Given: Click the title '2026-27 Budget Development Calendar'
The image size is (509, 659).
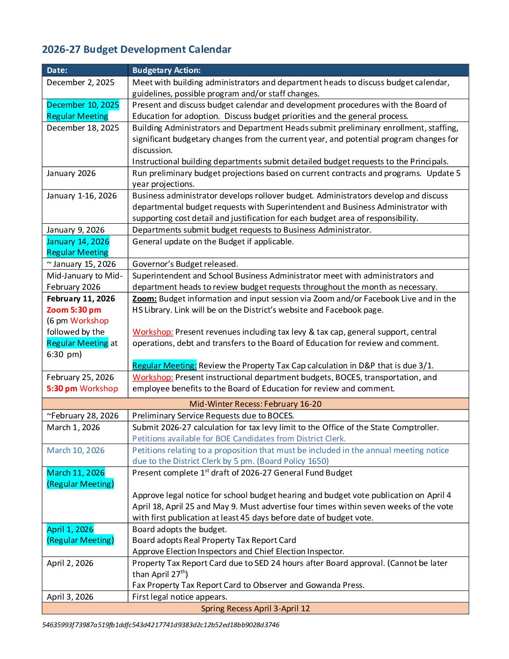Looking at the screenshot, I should (137, 49).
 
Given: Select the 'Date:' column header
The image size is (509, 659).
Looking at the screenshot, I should (57, 70).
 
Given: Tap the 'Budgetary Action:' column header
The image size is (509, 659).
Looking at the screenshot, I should (166, 70).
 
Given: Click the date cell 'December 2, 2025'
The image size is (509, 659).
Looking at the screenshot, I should (80, 82).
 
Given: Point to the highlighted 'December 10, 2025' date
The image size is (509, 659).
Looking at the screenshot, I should (83, 105).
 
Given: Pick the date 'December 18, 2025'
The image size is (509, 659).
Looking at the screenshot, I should (83, 128).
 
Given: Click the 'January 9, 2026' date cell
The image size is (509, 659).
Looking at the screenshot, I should (76, 230).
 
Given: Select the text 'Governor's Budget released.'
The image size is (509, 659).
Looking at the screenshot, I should (185, 264).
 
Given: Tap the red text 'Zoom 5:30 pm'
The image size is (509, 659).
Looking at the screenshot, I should (74, 310).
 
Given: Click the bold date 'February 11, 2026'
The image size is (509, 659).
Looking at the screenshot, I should (81, 299).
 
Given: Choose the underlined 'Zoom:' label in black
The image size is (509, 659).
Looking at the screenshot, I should (145, 299).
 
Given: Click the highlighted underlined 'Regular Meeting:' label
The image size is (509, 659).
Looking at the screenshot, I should (164, 366).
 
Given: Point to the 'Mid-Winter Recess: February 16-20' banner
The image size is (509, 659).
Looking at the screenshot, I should (255, 404).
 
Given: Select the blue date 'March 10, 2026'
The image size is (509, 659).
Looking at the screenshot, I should (76, 450).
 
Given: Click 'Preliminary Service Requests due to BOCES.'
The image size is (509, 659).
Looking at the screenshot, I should (213, 416).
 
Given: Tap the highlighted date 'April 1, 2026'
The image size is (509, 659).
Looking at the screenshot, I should (70, 529).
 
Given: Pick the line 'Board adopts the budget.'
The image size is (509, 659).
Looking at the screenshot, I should (180, 529).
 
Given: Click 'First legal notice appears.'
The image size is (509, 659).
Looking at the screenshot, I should (180, 597).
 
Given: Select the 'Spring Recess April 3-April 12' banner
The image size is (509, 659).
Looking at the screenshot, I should (255, 608).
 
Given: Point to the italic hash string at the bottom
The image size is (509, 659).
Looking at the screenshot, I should (160, 625).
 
